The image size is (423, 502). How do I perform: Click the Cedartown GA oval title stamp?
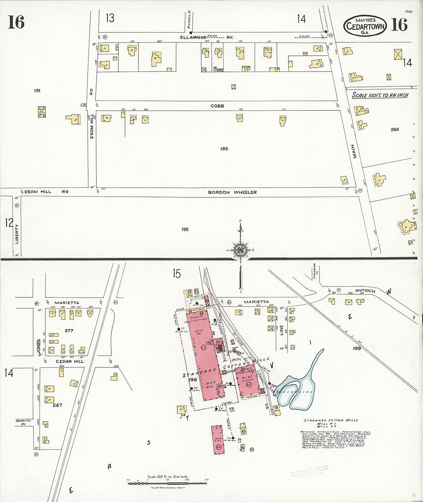365,26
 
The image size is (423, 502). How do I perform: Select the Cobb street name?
217,106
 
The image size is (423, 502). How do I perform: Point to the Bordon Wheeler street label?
232,192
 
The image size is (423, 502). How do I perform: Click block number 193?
224,149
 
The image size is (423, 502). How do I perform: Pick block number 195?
185,230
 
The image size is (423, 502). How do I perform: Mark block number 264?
395,130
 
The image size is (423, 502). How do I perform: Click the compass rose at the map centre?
240,250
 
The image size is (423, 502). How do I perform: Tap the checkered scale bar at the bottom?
167,481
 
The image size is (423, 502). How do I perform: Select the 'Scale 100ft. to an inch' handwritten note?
380,95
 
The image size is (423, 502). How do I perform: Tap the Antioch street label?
365,291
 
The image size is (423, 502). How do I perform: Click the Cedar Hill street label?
70,362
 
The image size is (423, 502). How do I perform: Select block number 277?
69,331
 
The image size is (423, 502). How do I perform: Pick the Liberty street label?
17,234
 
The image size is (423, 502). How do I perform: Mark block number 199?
357,349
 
